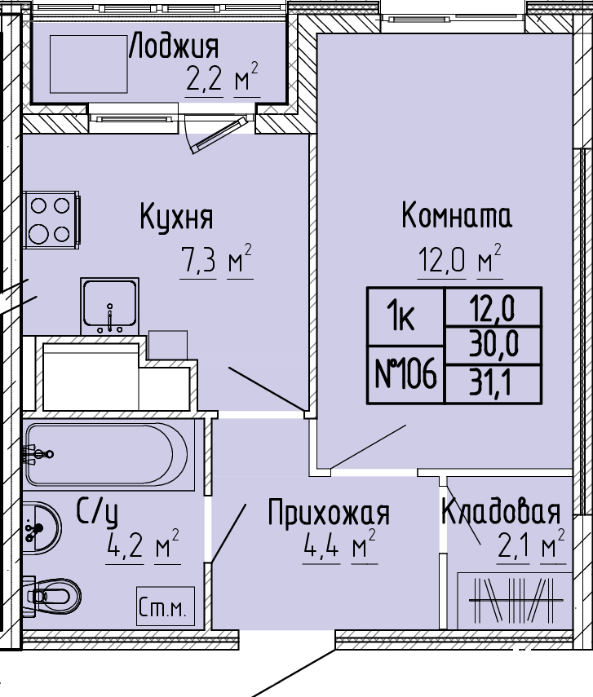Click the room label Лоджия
pos(175,46)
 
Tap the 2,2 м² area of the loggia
pos(222,77)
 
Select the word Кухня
pos(177,217)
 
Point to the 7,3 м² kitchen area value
pos(216,259)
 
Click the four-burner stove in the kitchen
pos(51,220)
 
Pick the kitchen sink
pos(110,306)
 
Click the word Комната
pos(457,215)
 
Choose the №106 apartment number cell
pos(405,374)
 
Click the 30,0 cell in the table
pos(493,345)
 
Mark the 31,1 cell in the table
pos(493,384)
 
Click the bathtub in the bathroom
pos(107,454)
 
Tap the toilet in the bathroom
pos(52,596)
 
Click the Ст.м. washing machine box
pos(166,607)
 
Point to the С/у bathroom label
pos(97,512)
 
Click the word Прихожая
pos(329,513)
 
